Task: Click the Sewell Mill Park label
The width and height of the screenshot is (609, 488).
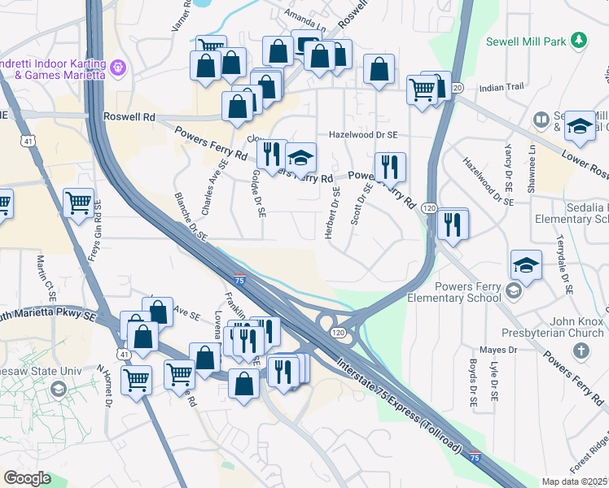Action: (x=526, y=41)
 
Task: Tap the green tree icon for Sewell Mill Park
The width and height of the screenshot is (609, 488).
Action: (x=578, y=39)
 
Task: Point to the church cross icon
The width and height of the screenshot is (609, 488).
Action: (x=581, y=350)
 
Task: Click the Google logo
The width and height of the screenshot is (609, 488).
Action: (x=27, y=478)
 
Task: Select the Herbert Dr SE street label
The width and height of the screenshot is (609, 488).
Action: (x=333, y=213)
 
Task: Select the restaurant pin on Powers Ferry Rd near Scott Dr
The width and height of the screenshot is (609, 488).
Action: (x=390, y=167)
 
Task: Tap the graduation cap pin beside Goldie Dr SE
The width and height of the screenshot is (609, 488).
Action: (x=300, y=157)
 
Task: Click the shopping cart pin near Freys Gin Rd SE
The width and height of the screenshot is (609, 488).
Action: (x=78, y=203)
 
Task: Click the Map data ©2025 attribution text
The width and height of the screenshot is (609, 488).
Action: (x=575, y=481)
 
